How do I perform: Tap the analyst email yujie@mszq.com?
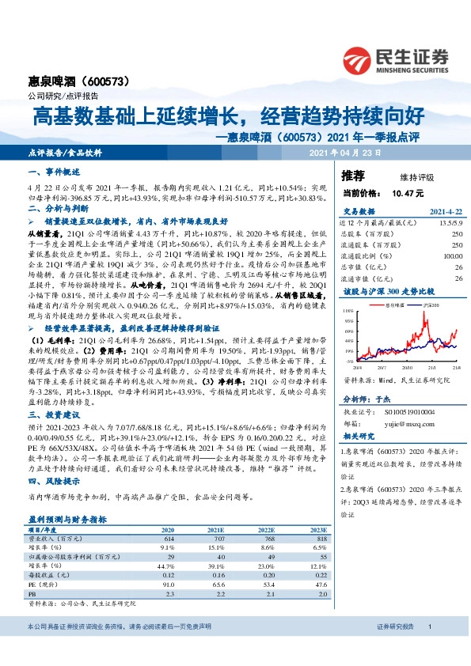[x=404, y=422]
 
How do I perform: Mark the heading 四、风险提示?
[x=49, y=480]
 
